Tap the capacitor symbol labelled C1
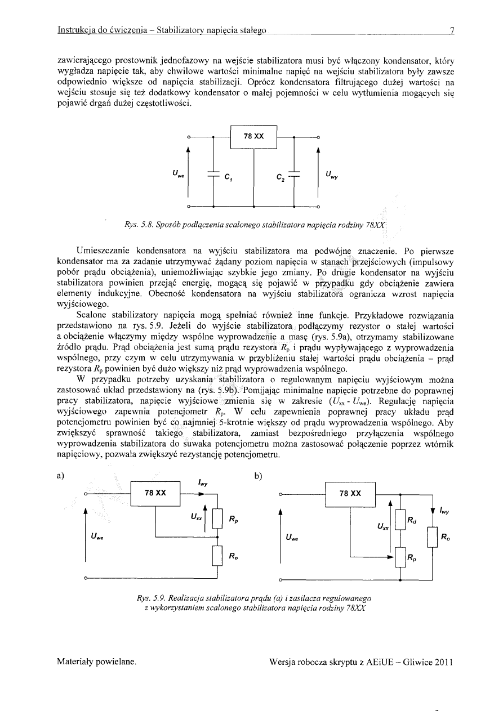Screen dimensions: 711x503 coord(213,174)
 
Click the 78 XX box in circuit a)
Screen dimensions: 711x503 coord(155,493)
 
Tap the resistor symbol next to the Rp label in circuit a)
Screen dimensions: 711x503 coord(217,521)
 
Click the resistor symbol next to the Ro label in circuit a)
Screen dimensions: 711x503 coord(217,557)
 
